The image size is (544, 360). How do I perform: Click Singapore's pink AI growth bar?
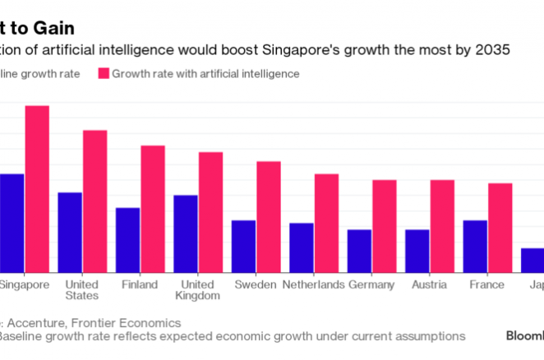37,189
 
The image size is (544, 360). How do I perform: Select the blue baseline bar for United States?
70,232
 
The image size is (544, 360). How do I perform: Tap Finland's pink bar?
153,209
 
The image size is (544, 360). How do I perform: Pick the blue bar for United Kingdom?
186,233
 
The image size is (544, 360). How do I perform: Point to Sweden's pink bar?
269,216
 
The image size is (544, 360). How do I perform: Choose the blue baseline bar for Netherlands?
302,247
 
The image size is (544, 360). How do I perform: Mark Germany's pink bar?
385,226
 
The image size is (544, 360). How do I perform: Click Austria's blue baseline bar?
417,251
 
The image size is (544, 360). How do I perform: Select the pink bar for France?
500,228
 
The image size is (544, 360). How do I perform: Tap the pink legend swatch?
104,73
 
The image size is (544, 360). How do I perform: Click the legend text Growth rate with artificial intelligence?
205,73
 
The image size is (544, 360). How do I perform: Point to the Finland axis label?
141,284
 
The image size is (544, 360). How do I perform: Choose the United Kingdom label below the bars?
198,289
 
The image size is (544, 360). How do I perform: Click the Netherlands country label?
313,284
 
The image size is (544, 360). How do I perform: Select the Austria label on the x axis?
430,284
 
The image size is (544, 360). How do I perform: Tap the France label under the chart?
487,284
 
